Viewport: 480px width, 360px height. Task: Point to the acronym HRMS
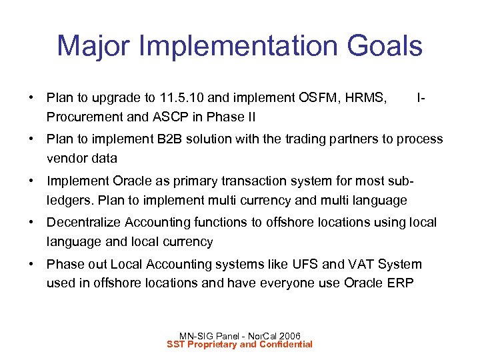(x=365, y=98)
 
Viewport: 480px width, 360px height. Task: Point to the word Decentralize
(x=85, y=222)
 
